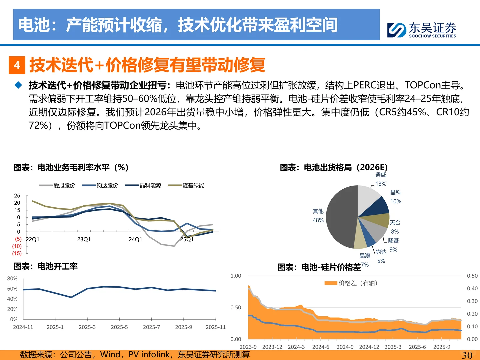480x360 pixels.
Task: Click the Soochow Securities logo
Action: click(421, 30)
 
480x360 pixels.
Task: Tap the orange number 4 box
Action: click(17, 65)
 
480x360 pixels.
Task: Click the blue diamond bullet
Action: click(18, 85)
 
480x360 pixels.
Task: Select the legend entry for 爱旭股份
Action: click(57, 185)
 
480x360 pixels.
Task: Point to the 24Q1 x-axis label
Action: click(135, 239)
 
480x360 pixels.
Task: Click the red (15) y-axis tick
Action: click(17, 253)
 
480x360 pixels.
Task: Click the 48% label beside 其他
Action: click(318, 220)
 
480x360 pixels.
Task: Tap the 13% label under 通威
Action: click(381, 184)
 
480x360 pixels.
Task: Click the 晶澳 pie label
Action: click(365, 256)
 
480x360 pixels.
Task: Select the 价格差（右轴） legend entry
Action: click(351, 283)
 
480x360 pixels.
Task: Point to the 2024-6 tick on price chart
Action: click(321, 347)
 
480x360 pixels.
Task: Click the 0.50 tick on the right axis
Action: click(472, 276)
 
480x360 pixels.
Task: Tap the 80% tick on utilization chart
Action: click(12, 279)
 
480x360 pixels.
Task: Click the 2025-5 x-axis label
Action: click(119, 327)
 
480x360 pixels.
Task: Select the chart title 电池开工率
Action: click(46, 266)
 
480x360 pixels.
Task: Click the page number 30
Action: click(467, 355)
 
